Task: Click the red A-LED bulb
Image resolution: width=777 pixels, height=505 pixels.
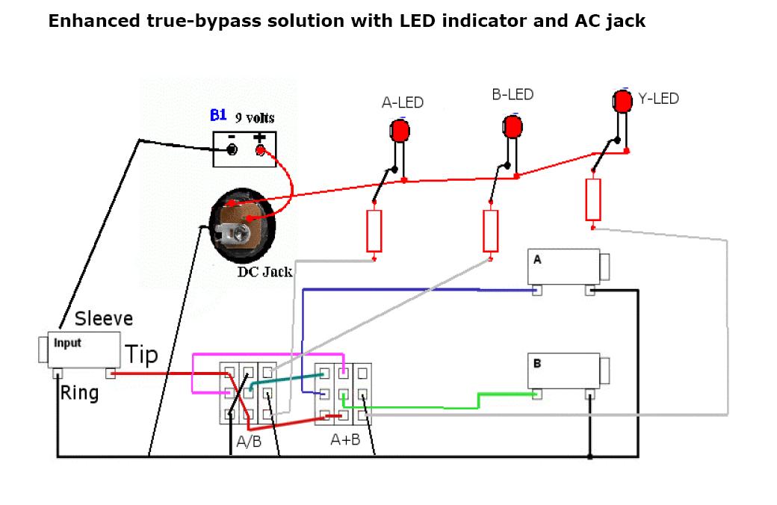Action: click(400, 131)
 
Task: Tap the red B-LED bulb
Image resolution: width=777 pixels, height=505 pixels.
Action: click(513, 126)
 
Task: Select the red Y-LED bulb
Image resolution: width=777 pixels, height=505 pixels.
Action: click(622, 101)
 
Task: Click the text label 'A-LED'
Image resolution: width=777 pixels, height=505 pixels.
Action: click(403, 102)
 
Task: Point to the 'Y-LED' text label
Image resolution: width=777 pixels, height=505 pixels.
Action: click(658, 98)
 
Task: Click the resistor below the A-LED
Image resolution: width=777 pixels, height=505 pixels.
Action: click(374, 231)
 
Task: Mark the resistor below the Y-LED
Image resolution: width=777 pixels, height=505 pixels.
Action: click(593, 199)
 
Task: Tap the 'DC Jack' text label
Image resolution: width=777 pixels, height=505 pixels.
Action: click(265, 271)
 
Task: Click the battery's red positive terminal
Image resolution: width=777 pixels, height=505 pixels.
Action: click(261, 151)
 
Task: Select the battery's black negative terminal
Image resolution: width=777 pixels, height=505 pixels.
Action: click(232, 151)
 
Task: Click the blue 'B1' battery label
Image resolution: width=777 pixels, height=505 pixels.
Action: click(218, 115)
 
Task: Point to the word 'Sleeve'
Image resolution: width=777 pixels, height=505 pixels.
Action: click(104, 319)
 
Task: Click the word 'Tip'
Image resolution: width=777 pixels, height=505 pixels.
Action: click(141, 354)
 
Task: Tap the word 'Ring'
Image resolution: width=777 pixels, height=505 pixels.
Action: click(79, 392)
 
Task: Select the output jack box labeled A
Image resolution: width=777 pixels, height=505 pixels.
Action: click(564, 267)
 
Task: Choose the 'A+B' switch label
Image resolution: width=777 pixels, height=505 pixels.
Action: click(345, 439)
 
